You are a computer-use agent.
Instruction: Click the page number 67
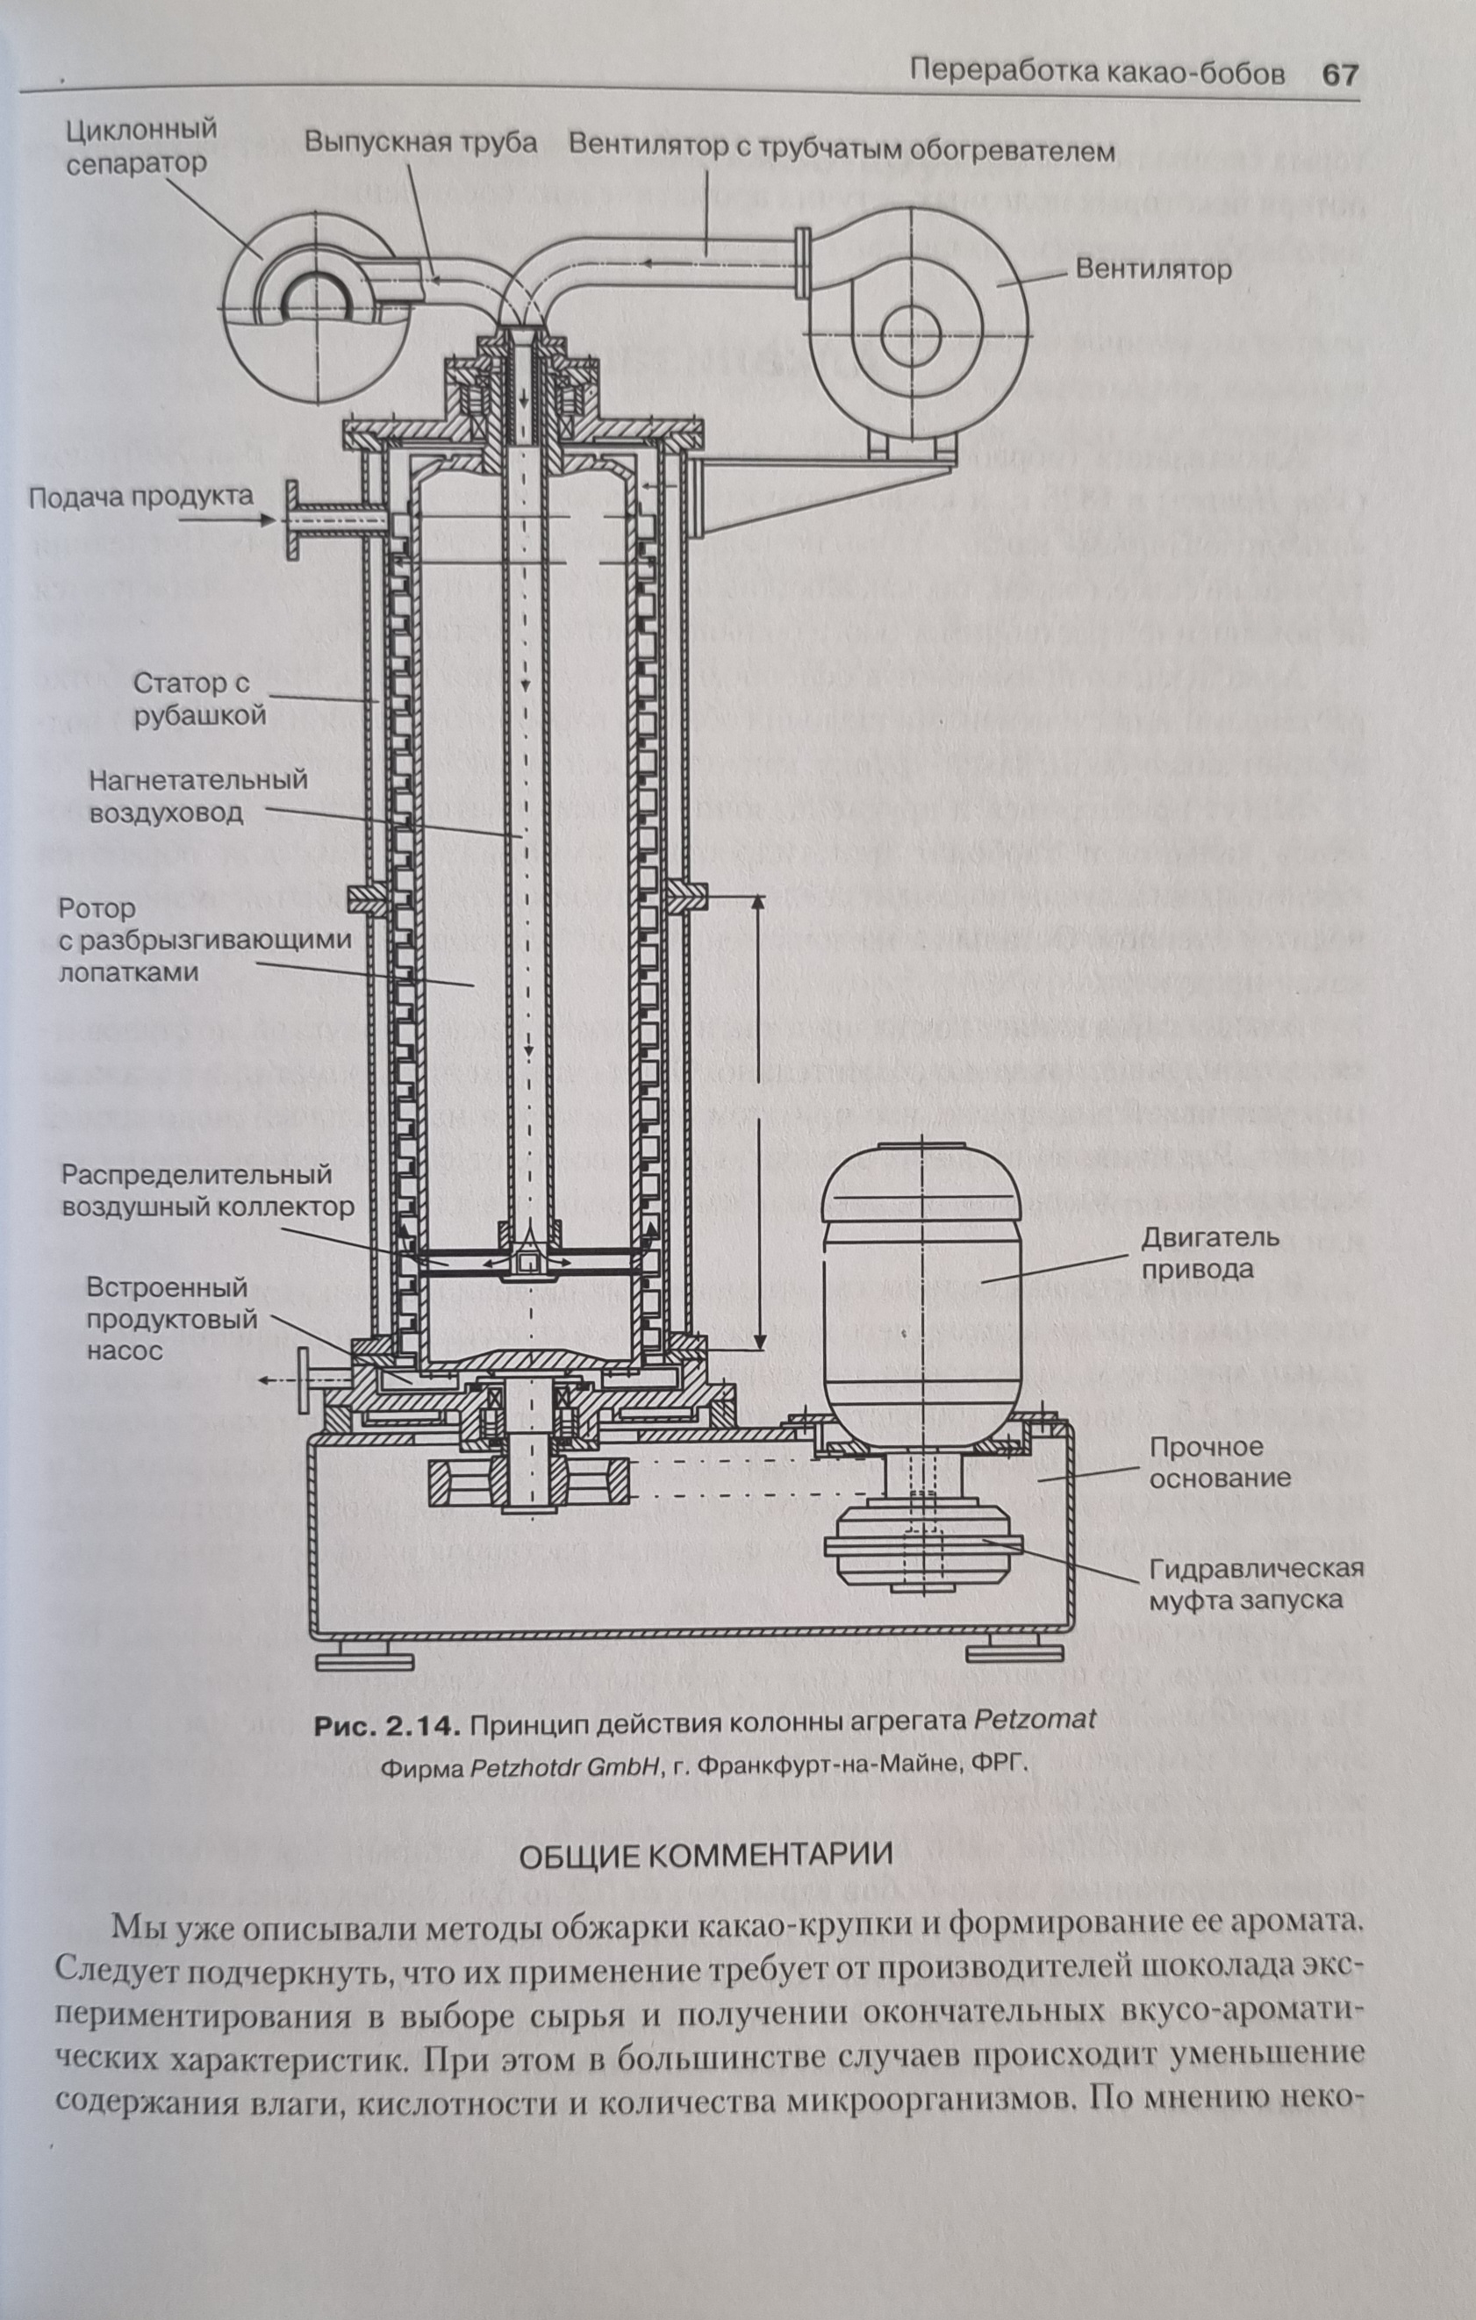pyautogui.click(x=1339, y=75)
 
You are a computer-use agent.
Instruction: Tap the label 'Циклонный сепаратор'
pyautogui.click(x=140, y=146)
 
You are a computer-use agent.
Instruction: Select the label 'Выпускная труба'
pyautogui.click(x=420, y=143)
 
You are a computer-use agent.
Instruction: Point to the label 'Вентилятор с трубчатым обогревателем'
pyautogui.click(x=841, y=148)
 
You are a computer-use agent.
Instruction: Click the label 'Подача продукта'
pyautogui.click(x=140, y=498)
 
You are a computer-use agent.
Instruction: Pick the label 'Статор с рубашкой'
pyautogui.click(x=198, y=699)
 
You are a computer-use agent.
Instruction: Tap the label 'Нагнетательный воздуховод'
pyautogui.click(x=197, y=796)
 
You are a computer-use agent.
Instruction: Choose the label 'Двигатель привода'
pyautogui.click(x=1210, y=1252)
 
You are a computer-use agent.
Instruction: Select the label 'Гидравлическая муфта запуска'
pyautogui.click(x=1256, y=1584)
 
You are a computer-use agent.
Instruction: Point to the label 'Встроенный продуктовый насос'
pyautogui.click(x=171, y=1318)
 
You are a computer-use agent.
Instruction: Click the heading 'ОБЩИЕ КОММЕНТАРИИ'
pyautogui.click(x=705, y=1854)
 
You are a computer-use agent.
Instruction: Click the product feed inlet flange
pyautogui.click(x=291, y=520)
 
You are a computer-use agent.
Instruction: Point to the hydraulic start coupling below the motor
pyautogui.click(x=922, y=1545)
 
